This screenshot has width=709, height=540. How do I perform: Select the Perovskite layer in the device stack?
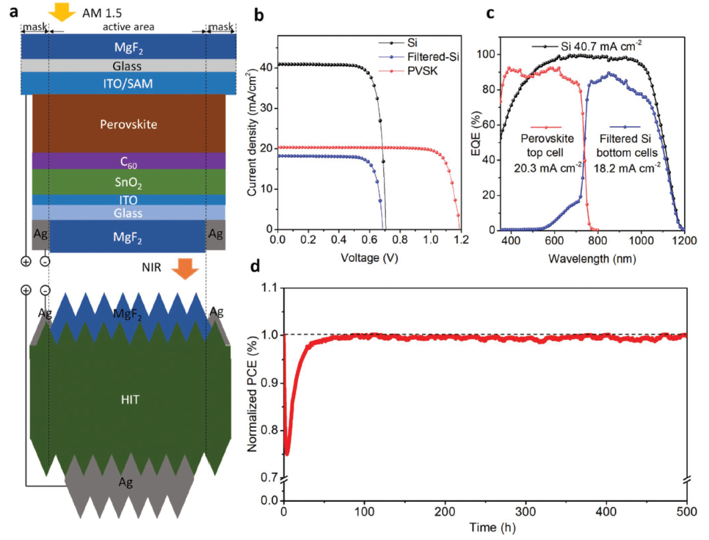click(128, 124)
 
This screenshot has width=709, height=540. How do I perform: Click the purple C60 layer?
click(128, 161)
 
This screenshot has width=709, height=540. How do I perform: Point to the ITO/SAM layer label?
click(128, 84)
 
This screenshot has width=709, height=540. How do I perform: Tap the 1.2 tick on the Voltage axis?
click(460, 240)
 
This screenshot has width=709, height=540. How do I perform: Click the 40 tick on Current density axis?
click(266, 67)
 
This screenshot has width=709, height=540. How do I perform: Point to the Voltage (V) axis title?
click(368, 258)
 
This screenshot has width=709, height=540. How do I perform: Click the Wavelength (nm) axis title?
click(592, 258)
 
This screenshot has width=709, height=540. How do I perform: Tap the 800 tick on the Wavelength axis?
click(598, 240)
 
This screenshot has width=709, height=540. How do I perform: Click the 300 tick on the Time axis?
click(526, 511)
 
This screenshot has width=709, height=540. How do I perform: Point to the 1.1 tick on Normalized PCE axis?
click(270, 287)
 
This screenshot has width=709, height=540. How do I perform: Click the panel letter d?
click(255, 266)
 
